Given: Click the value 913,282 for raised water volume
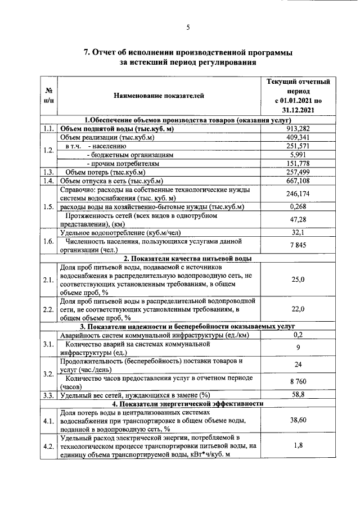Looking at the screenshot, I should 298,129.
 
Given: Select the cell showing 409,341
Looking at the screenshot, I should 298,137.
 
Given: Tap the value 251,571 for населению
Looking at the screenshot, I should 298,146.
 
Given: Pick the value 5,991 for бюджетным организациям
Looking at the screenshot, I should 298,154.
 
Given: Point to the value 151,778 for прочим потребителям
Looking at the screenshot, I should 298,163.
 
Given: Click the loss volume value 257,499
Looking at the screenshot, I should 298,172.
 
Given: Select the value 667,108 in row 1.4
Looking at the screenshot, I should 298,181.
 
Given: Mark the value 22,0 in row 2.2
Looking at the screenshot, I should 298,309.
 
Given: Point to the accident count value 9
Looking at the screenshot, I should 298,348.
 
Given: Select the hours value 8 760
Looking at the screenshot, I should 298,382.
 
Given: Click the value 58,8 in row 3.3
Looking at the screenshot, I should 298,395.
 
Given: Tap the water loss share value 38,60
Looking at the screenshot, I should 298,420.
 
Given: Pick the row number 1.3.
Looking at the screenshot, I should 48,172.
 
